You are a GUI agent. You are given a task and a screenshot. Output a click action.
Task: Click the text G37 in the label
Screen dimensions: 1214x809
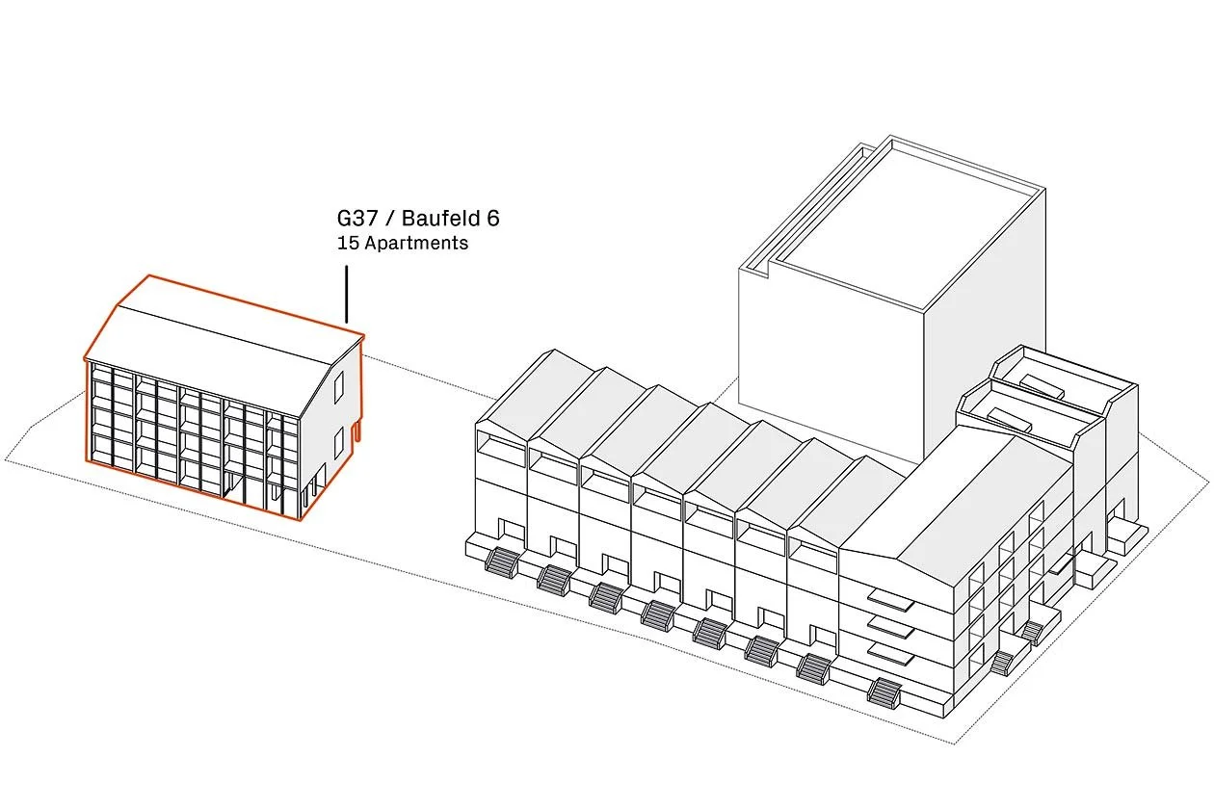358,219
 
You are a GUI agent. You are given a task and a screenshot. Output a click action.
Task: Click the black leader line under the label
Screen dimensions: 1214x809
346,294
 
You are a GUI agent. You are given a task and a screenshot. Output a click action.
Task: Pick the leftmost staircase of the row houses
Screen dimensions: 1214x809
502,561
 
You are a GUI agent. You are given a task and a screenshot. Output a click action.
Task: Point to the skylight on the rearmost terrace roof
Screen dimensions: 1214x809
1042,385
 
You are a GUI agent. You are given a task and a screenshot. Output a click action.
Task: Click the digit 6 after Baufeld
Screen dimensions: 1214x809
492,219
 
